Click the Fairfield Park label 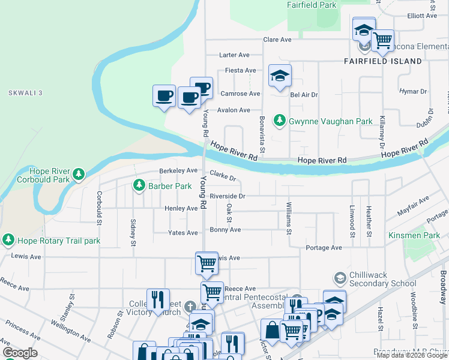[x=311, y=5]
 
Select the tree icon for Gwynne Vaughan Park [x=279, y=121]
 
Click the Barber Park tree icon [x=139, y=186]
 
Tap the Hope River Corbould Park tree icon [x=78, y=175]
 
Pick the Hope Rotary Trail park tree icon [x=8, y=241]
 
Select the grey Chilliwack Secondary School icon [x=340, y=278]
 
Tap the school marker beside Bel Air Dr [x=279, y=76]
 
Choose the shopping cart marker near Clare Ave [x=382, y=41]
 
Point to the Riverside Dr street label [x=228, y=196]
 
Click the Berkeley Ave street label [x=178, y=171]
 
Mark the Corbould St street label [x=98, y=206]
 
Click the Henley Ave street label [x=181, y=209]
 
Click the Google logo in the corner [x=20, y=353]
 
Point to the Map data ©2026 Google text [x=412, y=355]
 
